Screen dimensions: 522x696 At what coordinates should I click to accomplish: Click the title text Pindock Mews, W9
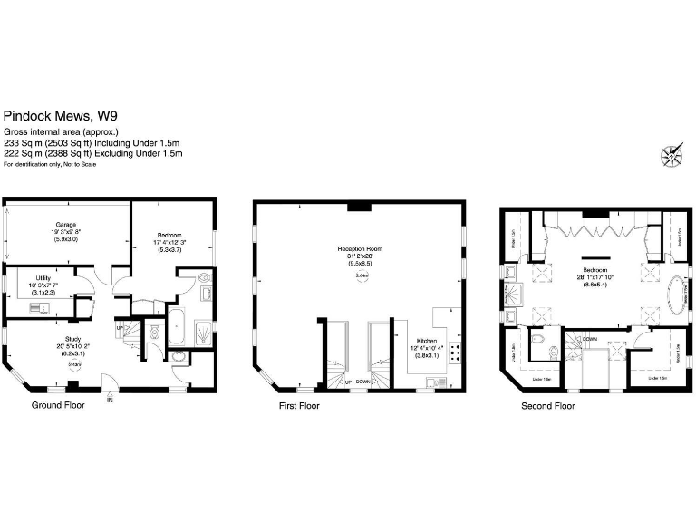pos(60,116)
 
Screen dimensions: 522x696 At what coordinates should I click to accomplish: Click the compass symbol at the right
pos(673,156)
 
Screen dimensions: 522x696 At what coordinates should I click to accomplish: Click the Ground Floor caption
pos(58,405)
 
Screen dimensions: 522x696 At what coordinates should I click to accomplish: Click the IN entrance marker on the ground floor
pos(111,398)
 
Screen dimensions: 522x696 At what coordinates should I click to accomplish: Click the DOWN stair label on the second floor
pos(590,338)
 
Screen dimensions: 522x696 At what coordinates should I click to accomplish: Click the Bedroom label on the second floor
pos(594,271)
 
